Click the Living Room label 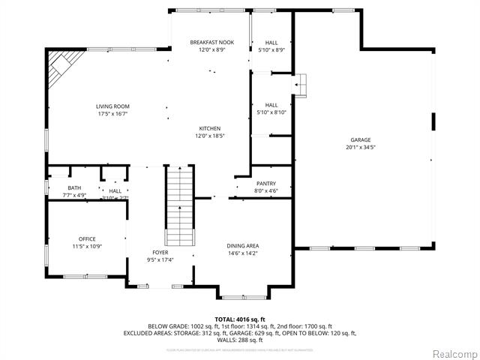click(x=112, y=107)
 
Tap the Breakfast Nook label click(x=211, y=42)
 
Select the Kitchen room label click(x=210, y=128)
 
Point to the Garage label click(x=360, y=140)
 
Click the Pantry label click(x=266, y=184)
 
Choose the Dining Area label click(x=243, y=246)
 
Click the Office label click(x=87, y=239)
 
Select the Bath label click(x=74, y=188)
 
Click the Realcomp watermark click(x=452, y=353)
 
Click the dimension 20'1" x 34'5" click(x=360, y=148)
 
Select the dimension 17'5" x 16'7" click(x=112, y=115)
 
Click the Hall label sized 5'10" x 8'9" click(x=271, y=43)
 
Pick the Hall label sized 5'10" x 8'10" click(x=271, y=105)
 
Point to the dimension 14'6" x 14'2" click(x=243, y=253)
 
